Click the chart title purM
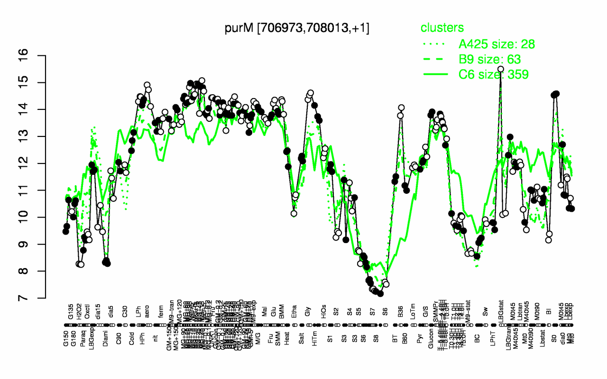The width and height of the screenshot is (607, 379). coord(297,28)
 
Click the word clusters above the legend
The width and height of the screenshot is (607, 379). coord(443,28)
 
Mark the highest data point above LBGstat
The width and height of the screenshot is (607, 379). coord(500,69)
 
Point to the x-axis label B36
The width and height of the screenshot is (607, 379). coord(401,315)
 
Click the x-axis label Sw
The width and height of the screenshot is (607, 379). coord(485,316)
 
